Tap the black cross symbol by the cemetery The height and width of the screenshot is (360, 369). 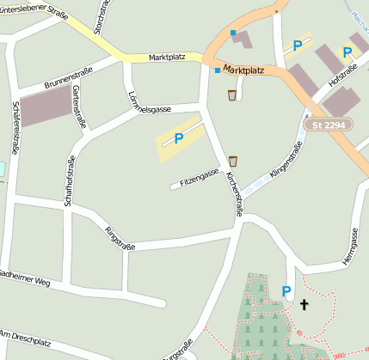point(303,304)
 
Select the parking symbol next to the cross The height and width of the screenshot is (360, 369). point(286,292)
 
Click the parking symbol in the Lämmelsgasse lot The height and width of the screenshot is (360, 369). point(179,137)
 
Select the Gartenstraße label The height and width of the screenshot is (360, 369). point(79,106)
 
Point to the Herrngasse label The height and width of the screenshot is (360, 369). point(349,247)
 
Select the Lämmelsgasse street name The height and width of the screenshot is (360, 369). point(150,104)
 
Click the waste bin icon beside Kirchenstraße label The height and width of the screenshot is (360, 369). point(232,161)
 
